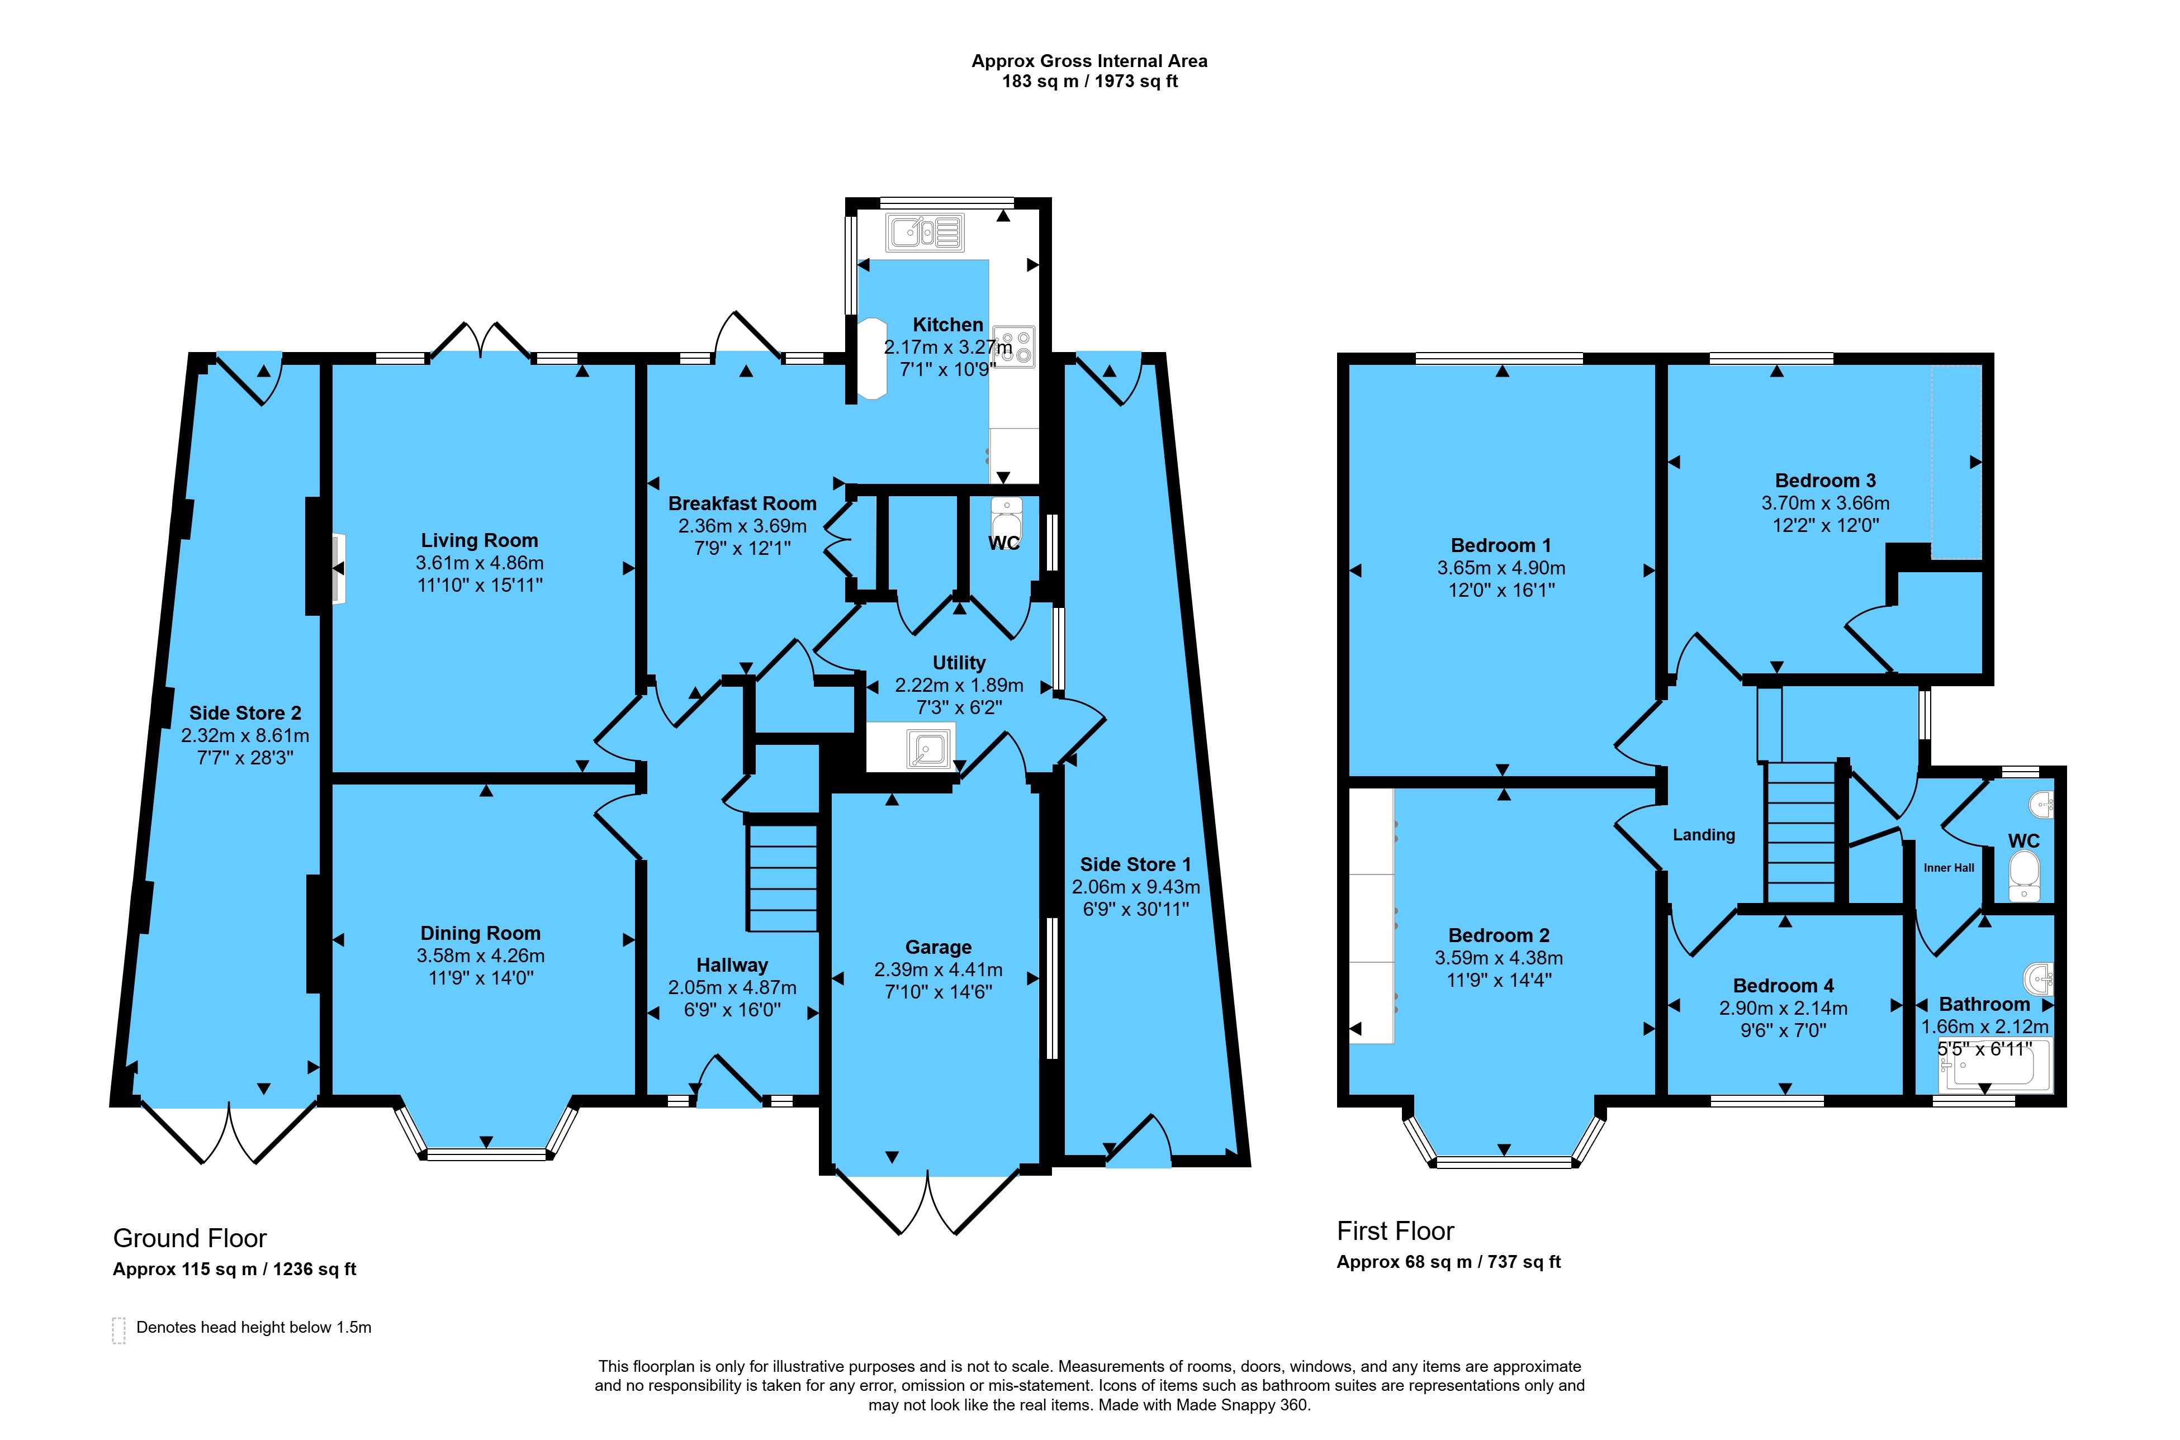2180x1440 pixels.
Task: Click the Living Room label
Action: pos(480,540)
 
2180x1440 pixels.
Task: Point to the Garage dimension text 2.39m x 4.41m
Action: pos(938,970)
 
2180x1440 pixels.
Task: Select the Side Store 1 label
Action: pos(1135,864)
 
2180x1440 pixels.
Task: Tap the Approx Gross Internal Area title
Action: pos(1089,60)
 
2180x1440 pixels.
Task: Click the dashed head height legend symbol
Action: pos(119,1330)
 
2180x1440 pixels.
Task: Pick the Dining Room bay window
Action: pos(487,1129)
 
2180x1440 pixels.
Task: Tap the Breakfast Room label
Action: pos(742,503)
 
